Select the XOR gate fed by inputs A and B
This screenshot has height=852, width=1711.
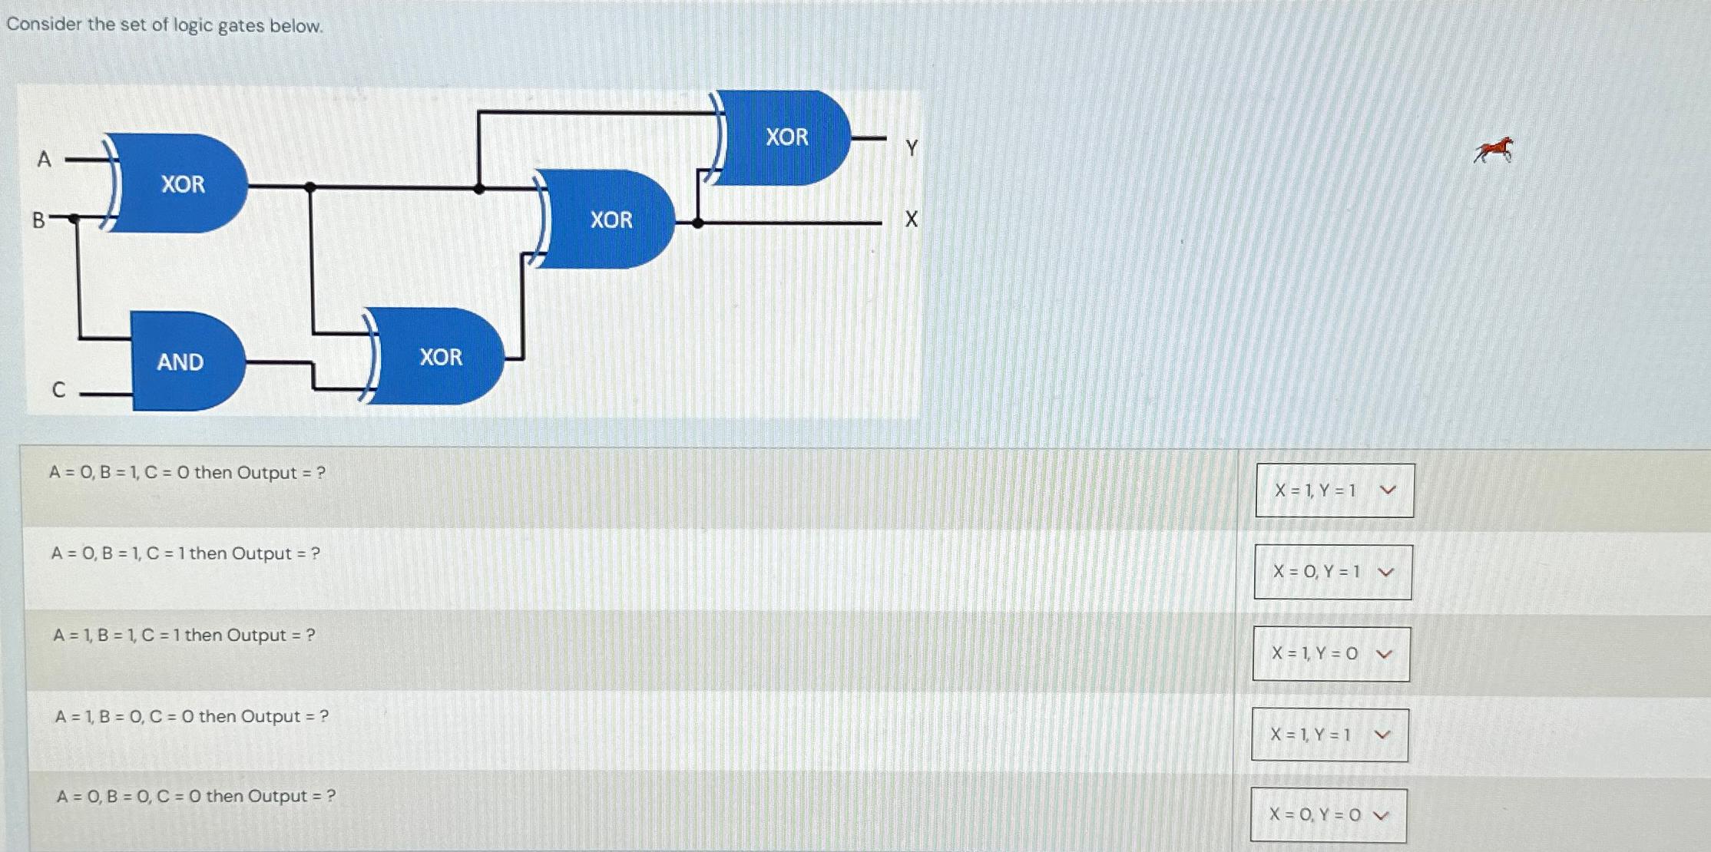click(x=181, y=183)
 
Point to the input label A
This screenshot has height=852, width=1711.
click(x=44, y=159)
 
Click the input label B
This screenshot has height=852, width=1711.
click(x=38, y=220)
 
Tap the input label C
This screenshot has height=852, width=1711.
click(x=58, y=390)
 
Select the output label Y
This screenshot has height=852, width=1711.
click(x=912, y=147)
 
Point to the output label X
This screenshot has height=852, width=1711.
click(x=911, y=220)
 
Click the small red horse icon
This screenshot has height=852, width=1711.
click(x=1494, y=150)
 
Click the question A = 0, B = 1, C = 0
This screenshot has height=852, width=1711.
click(x=187, y=473)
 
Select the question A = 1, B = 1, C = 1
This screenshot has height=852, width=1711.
click(x=184, y=636)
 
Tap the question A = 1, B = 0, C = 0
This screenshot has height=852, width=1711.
click(x=192, y=717)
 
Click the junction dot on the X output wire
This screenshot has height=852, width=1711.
click(x=697, y=223)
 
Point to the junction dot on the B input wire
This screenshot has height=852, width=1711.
click(x=74, y=219)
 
